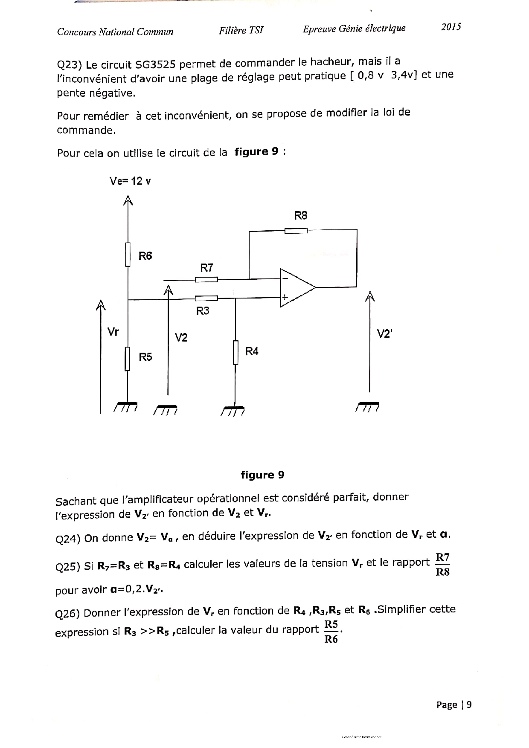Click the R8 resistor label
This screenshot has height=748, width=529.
pos(301,216)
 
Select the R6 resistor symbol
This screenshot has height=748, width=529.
pos(128,255)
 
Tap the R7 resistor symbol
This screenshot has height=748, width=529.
pos(206,279)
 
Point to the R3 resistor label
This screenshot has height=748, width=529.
pos(203,311)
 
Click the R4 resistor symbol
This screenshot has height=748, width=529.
pos(235,352)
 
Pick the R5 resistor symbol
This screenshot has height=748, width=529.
pos(127,359)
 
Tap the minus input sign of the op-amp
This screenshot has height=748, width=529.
pos(285,278)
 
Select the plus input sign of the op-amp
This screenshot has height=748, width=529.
pos(285,297)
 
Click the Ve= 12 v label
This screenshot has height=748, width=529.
pos(130,181)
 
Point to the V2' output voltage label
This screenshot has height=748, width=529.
pos(384,333)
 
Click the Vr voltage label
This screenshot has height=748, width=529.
pos(113,332)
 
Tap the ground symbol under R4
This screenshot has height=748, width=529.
pos(233,410)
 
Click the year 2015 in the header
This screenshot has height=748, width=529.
pos(451,27)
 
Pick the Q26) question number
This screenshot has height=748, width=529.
pos(68,614)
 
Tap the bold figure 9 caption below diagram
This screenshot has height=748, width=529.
pos(262,475)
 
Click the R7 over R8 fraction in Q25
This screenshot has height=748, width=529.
pos(442,565)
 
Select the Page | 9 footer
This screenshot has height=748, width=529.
pos(454,705)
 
